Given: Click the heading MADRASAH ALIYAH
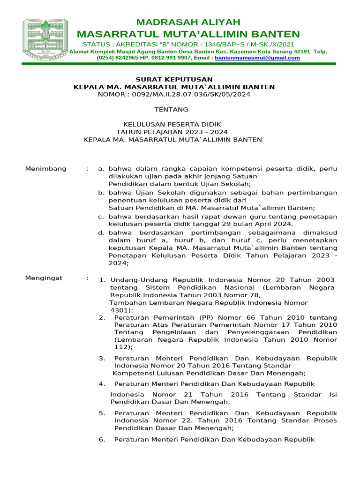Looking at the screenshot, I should pos(188,22).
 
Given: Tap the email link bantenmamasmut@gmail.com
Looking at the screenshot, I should pos(257,58).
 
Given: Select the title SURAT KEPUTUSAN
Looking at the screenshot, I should pos(174,79).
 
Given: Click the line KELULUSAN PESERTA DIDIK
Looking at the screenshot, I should pos(172,124).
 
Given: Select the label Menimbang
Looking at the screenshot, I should pos(45,169).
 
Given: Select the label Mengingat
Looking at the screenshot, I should pos(44,278).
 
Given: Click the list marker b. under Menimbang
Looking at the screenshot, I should pos(101,193).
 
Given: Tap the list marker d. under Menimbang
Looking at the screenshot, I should pos(101,232).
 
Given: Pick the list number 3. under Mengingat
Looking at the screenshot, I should pos(102,358).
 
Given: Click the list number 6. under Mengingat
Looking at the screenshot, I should pos(102,439).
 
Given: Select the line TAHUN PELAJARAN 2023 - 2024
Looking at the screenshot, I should pos(172,132).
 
